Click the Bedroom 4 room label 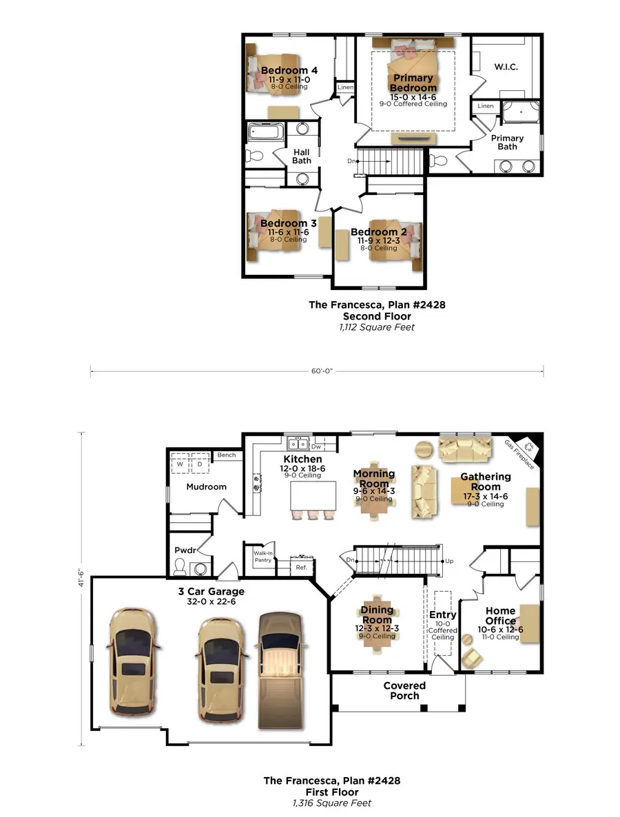point(289,70)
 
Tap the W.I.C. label point(506,67)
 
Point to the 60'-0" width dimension point(318,371)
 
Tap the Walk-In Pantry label point(263,556)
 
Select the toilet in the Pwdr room point(180,567)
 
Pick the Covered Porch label point(404,690)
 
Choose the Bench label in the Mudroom point(226,455)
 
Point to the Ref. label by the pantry point(301,567)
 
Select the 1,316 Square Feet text point(331,803)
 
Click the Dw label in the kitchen point(317,446)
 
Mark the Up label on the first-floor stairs point(449,561)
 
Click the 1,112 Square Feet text point(377,327)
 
